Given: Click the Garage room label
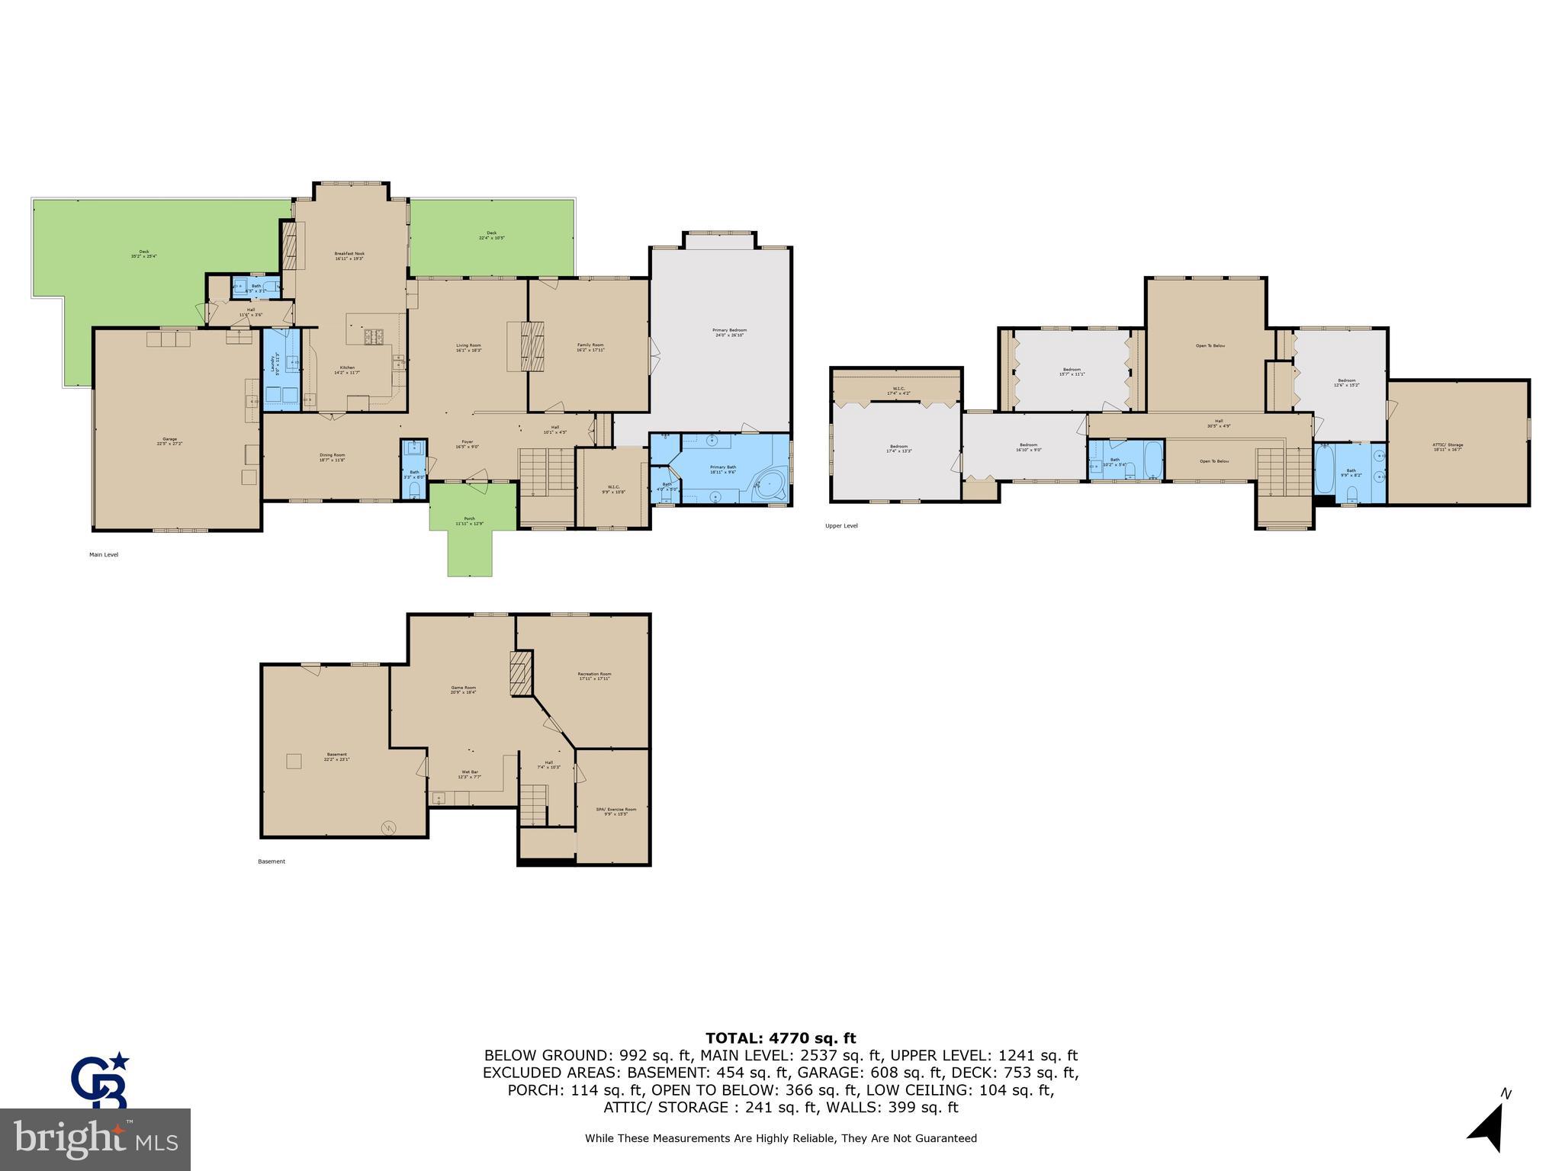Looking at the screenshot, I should (169, 440).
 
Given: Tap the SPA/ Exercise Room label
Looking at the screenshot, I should (615, 811).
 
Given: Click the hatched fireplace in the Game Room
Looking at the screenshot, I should (520, 672).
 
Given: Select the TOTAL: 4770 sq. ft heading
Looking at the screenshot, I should (780, 1038).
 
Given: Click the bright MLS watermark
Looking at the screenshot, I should (95, 1139).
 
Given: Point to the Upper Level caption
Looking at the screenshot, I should (841, 526).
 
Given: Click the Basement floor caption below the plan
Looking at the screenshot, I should (272, 861).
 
